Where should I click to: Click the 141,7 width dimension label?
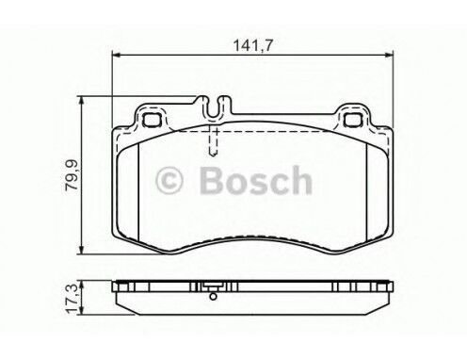[253, 46]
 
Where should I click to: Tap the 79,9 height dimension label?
[72, 174]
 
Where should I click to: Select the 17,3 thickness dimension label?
[71, 298]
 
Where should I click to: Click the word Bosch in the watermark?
[255, 180]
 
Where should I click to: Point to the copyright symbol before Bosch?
[169, 180]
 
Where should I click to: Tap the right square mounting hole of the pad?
[353, 121]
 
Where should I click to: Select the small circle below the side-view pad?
[213, 296]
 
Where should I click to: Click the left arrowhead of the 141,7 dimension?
[116, 56]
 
